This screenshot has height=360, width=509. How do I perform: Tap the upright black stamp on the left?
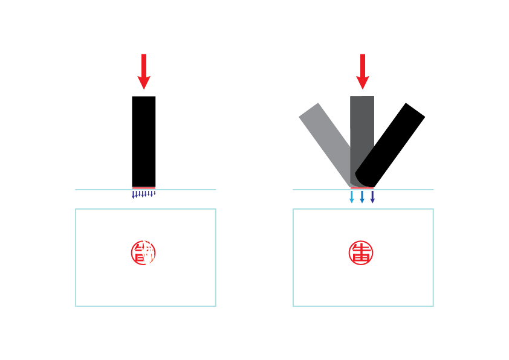tap(144, 142)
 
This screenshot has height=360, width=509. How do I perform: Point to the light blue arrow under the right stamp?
tap(352, 197)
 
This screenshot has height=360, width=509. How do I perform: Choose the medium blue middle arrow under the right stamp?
tap(362, 197)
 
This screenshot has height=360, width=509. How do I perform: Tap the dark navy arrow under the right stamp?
tap(372, 197)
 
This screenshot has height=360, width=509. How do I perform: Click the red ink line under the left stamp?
tap(144, 188)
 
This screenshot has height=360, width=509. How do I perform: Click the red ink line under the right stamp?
tap(362, 188)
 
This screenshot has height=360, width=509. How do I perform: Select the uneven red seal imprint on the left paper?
tap(143, 252)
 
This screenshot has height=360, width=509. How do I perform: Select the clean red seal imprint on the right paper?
tap(361, 252)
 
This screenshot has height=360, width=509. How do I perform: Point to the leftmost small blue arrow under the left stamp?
tap(134, 195)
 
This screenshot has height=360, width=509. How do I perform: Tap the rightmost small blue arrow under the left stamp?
tap(155, 193)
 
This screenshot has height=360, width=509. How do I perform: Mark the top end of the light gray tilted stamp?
tap(309, 109)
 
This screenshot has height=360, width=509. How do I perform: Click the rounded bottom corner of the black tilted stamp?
tap(360, 179)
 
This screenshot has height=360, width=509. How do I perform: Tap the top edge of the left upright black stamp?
tap(144, 97)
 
